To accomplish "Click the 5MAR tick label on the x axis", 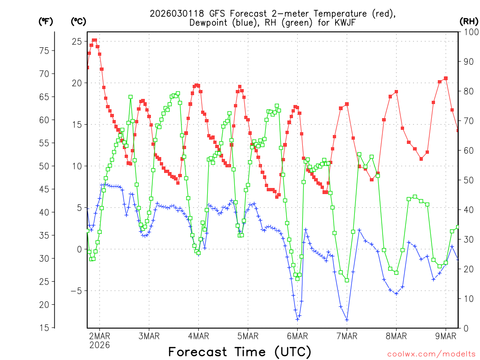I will click(x=247, y=336).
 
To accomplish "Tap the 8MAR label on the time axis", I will click(x=396, y=336).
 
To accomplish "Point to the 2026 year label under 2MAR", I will click(x=99, y=345).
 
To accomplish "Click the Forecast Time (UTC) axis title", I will click(x=240, y=352).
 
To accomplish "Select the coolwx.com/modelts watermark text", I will click(x=431, y=353).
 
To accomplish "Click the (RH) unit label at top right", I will click(x=468, y=21).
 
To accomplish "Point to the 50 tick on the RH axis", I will click(x=468, y=180).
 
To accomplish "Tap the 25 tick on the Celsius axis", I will click(x=76, y=41).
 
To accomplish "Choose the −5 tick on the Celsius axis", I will click(x=75, y=291).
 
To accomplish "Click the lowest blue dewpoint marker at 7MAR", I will click(x=347, y=320).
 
